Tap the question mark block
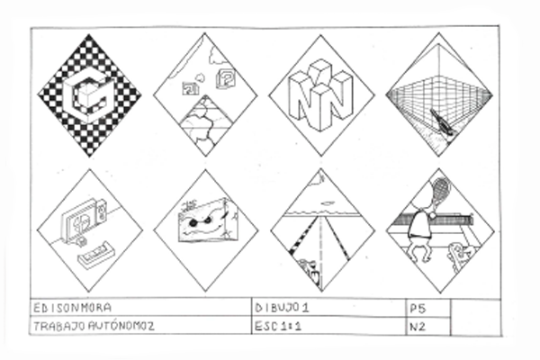(226, 77)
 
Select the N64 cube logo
(321, 94)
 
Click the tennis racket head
(441, 188)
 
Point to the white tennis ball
(432, 215)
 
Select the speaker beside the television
(100, 211)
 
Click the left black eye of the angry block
(193, 223)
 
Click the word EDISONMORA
(72, 307)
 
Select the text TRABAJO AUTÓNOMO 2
(94, 326)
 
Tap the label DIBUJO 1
(282, 308)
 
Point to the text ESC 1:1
(277, 326)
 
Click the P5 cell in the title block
(428, 308)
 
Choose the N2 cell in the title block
(428, 326)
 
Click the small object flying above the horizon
(328, 203)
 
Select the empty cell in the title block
(475, 318)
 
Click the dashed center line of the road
(321, 248)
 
